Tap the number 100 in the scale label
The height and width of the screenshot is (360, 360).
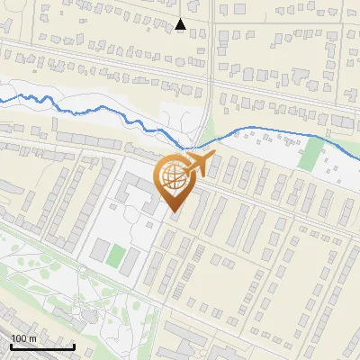(19, 338)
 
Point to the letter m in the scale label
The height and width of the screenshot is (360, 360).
(32, 338)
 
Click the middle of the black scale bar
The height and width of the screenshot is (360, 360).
(42, 346)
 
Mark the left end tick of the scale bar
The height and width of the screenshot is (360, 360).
(11, 346)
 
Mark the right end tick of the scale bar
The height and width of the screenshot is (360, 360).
(74, 346)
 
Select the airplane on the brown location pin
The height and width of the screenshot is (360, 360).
(197, 165)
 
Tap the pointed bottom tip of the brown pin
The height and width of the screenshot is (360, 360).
(175, 214)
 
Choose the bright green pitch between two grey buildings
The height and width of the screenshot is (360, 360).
(114, 255)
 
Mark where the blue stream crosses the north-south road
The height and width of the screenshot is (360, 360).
(193, 144)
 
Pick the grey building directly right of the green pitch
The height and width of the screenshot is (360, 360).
(131, 262)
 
